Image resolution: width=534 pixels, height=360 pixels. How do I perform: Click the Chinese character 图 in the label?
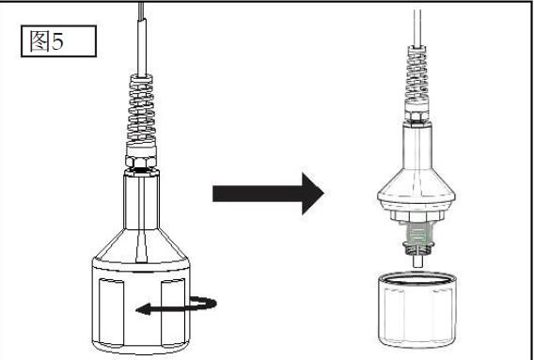pyautogui.click(x=39, y=40)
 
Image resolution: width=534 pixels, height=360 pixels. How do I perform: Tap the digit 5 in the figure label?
pyautogui.click(x=57, y=41)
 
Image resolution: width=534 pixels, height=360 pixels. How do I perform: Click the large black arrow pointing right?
pyautogui.click(x=268, y=194)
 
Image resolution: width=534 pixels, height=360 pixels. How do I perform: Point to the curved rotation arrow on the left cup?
pyautogui.click(x=176, y=305)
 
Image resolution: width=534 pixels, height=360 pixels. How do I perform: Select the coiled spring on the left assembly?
pyautogui.click(x=141, y=109)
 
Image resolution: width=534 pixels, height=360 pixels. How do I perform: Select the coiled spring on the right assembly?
pyautogui.click(x=416, y=72)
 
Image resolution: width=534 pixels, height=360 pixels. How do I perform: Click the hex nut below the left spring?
pyautogui.click(x=141, y=162)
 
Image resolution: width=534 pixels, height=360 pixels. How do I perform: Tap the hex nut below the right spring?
pyautogui.click(x=416, y=115)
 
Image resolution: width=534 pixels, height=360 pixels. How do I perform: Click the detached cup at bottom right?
pyautogui.click(x=416, y=309)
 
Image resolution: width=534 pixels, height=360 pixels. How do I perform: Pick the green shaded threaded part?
pyautogui.click(x=416, y=233)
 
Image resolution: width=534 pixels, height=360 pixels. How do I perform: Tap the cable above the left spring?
pyautogui.click(x=142, y=39)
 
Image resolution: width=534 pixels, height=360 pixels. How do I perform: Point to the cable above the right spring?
pyautogui.click(x=416, y=28)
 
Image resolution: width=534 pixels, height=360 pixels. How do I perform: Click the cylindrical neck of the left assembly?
pyautogui.click(x=141, y=201)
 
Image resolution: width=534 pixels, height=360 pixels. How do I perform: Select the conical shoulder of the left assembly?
pyautogui.click(x=141, y=245)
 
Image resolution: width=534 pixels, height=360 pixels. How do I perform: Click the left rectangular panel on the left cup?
pyautogui.click(x=111, y=313)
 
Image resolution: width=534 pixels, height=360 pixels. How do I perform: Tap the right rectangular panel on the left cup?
pyautogui.click(x=173, y=312)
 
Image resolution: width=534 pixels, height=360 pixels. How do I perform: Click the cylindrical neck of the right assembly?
pyautogui.click(x=417, y=146)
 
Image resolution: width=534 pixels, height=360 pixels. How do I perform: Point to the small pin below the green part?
pyautogui.click(x=417, y=261)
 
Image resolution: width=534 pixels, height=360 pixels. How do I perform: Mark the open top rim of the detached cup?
pyautogui.click(x=416, y=278)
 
